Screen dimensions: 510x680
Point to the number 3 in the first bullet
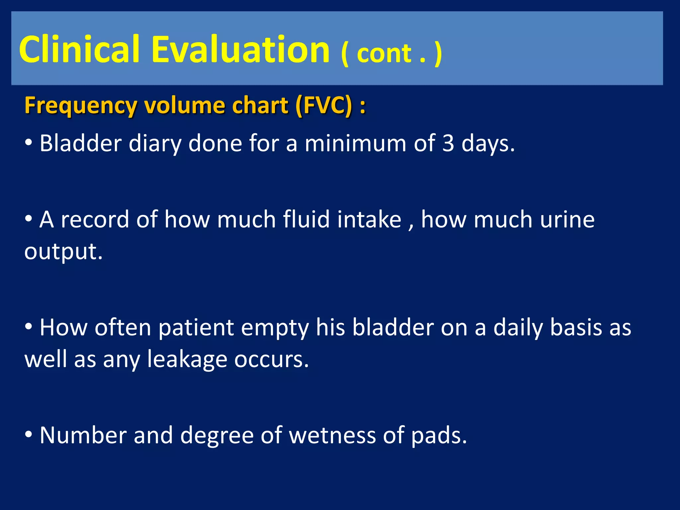tap(448, 143)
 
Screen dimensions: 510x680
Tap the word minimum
tap(355, 143)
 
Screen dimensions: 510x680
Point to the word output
tap(63, 252)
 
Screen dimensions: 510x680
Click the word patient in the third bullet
tap(196, 328)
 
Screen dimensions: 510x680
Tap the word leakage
tap(187, 359)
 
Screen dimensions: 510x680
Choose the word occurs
tap(271, 359)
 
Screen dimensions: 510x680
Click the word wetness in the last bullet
tap(332, 435)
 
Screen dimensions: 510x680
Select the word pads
tap(439, 435)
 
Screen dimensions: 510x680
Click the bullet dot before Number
tap(29, 434)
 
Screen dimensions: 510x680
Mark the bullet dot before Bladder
tap(29, 142)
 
